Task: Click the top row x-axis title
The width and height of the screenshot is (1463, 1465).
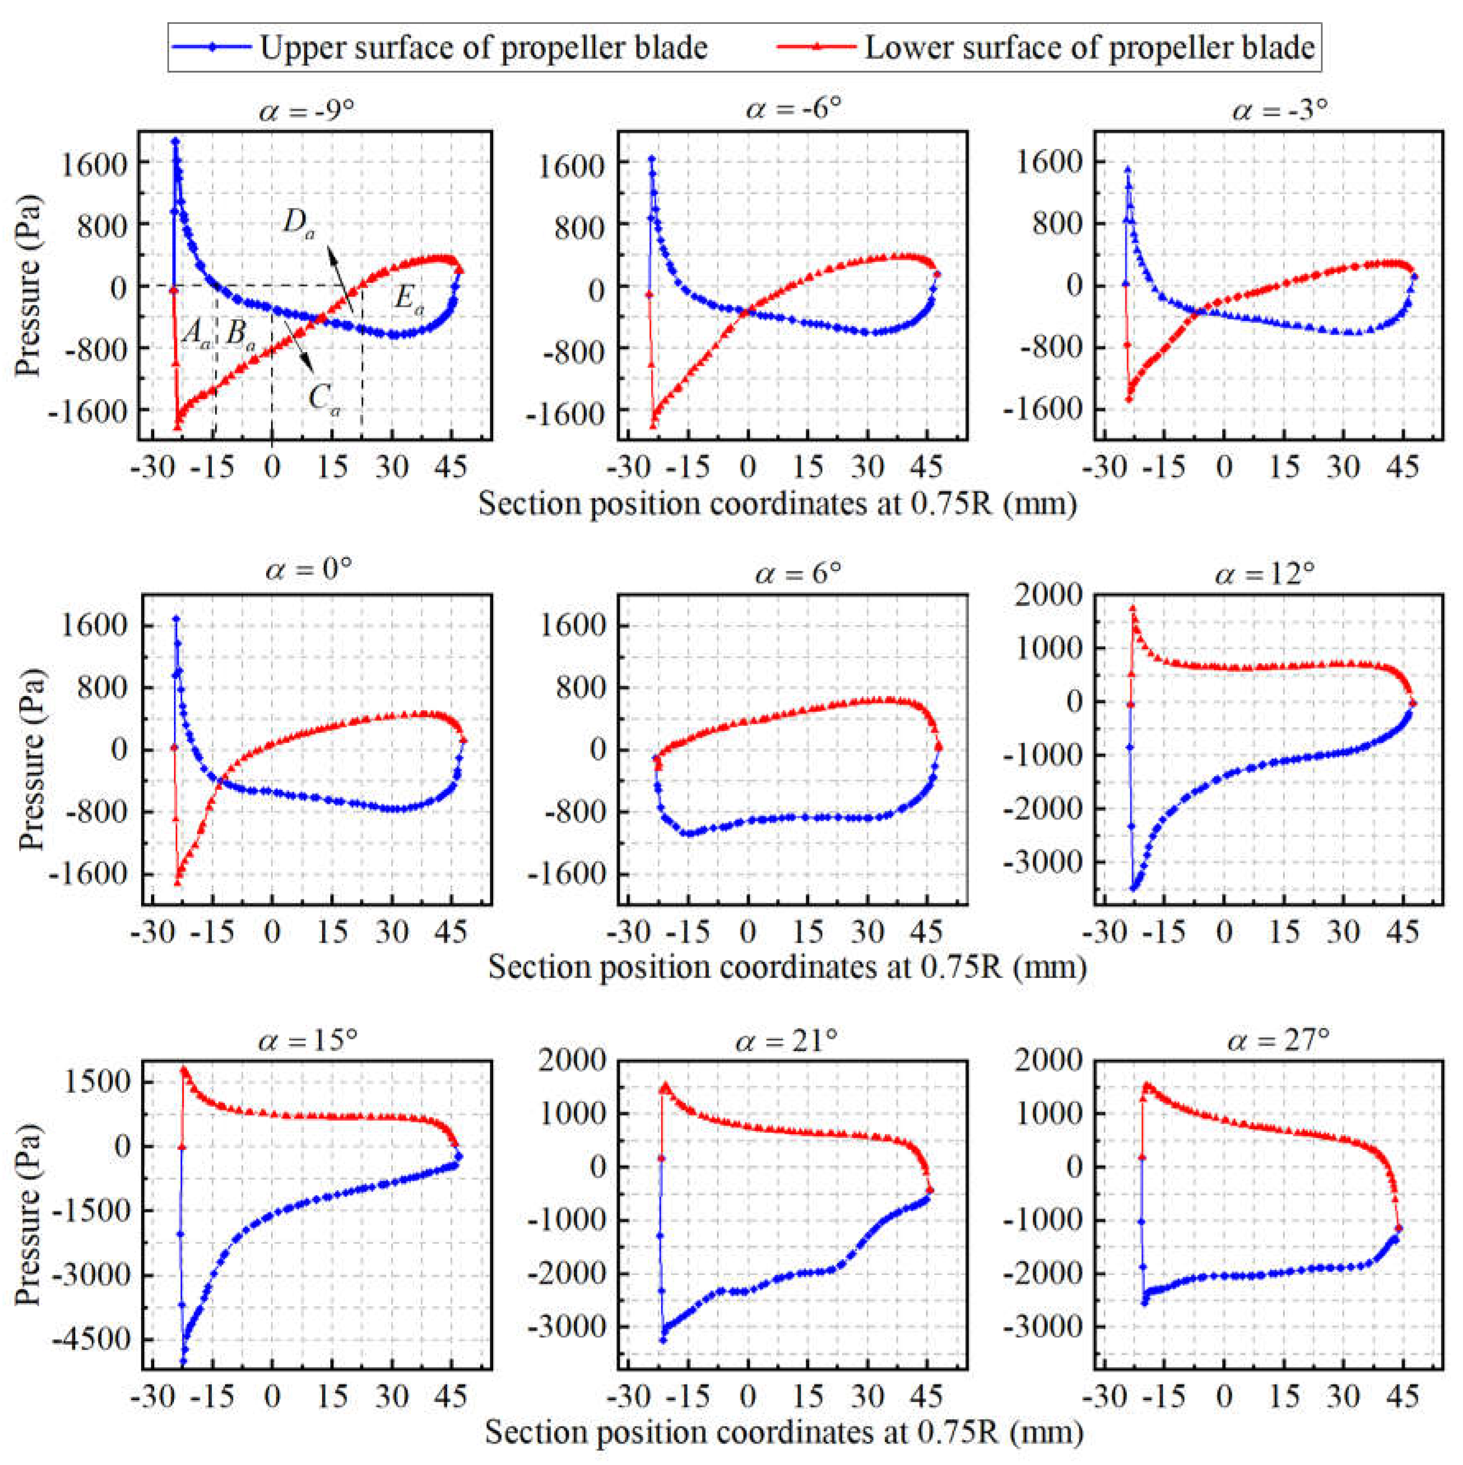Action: click(777, 504)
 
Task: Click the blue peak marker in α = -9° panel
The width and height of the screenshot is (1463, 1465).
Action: click(175, 141)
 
